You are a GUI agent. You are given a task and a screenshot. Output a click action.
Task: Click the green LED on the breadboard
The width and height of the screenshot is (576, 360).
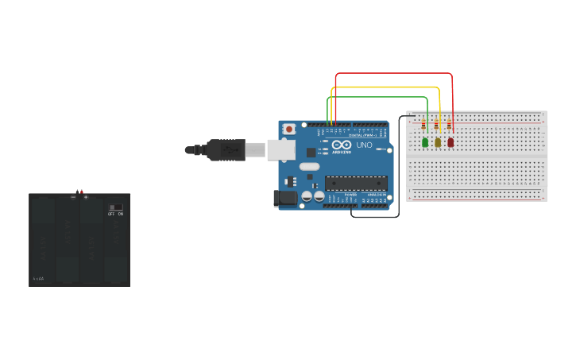(425, 142)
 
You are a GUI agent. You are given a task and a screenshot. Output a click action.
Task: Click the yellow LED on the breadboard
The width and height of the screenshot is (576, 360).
(438, 142)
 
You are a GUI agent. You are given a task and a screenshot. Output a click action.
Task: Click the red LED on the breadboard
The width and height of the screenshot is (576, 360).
(450, 142)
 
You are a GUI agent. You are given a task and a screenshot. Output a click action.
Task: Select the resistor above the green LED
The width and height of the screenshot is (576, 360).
(424, 126)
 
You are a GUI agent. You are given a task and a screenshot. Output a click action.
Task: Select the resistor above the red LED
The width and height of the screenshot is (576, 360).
(450, 126)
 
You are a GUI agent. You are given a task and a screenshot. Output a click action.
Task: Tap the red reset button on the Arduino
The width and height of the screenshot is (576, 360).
(289, 129)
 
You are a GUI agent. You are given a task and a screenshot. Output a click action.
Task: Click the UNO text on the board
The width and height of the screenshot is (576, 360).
(364, 145)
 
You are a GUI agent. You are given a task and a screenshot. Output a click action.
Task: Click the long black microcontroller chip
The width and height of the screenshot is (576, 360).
(355, 183)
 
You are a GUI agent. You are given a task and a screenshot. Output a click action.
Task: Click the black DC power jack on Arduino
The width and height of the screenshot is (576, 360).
(284, 198)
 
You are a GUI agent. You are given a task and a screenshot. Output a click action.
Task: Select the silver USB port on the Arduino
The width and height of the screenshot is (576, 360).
(280, 149)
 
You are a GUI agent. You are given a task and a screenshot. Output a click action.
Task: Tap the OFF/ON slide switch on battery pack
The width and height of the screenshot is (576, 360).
(116, 207)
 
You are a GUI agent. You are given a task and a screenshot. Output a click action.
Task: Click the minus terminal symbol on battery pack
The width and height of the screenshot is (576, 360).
(73, 197)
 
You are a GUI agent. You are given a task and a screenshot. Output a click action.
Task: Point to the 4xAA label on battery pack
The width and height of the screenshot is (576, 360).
(38, 278)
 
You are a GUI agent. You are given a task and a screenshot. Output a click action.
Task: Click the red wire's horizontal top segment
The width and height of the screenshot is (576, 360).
(393, 74)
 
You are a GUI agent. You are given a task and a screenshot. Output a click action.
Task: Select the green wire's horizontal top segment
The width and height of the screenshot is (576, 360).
(378, 98)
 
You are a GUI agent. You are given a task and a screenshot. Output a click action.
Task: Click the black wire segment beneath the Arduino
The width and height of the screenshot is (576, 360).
(373, 216)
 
